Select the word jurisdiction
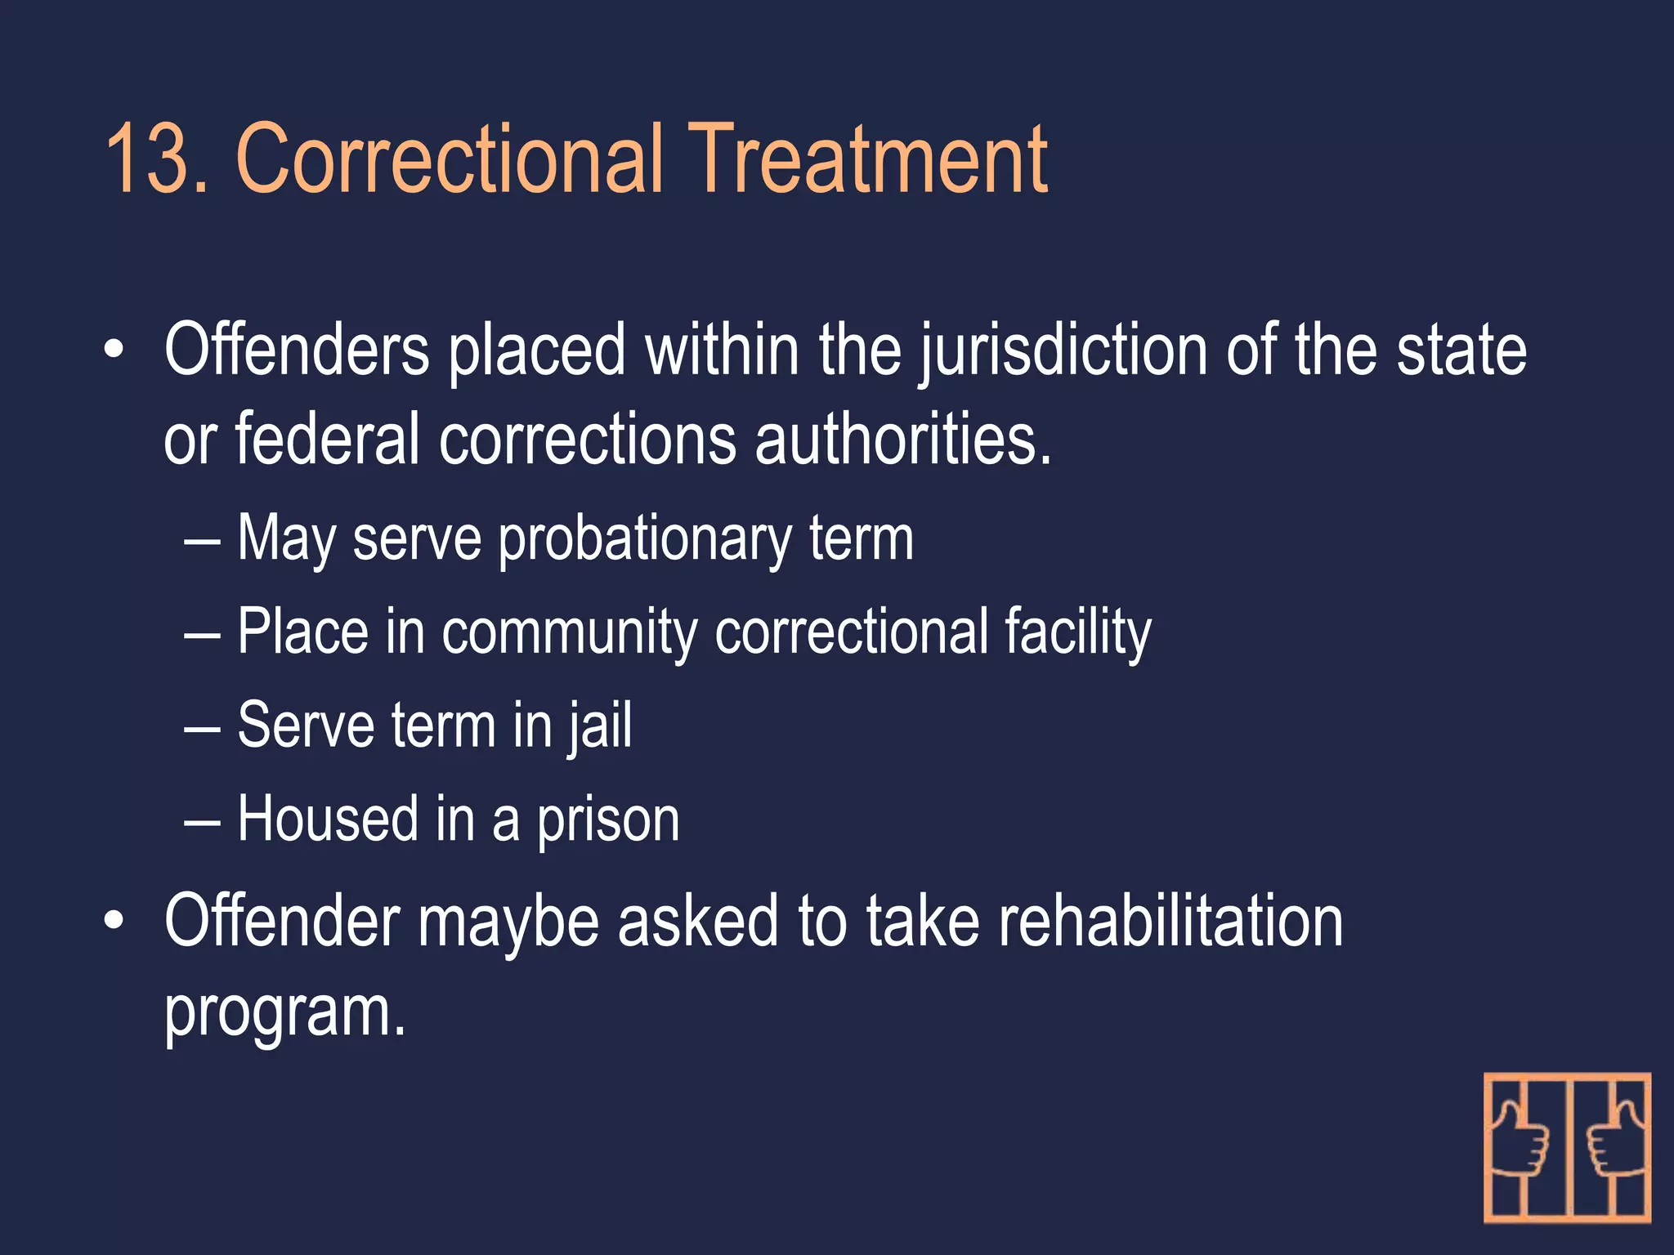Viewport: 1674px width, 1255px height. pos(1063,351)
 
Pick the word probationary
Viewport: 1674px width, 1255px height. pos(644,539)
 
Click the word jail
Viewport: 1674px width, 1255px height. pos(601,726)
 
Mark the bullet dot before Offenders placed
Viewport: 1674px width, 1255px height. pos(114,351)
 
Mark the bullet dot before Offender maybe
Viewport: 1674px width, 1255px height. pos(114,922)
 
